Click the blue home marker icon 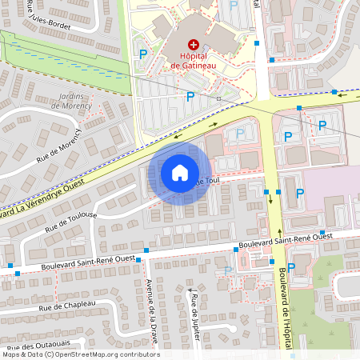tap(180, 173)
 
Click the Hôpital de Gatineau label tap(193, 61)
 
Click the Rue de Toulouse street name tap(71, 222)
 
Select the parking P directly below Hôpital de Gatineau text tap(190, 97)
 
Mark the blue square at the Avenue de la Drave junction tap(138, 259)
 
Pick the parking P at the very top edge tap(234, 5)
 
